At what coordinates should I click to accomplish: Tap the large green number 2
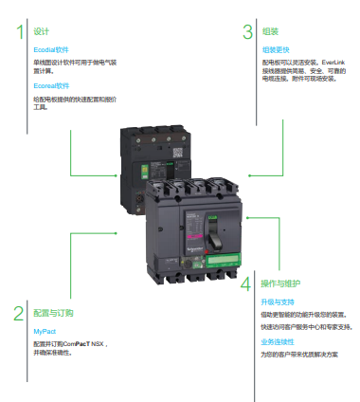click(18, 314)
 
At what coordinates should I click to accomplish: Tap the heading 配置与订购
click(52, 312)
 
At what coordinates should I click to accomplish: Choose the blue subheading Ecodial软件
click(51, 48)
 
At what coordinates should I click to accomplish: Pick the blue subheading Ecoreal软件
click(52, 84)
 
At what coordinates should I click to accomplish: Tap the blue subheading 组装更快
click(277, 48)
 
